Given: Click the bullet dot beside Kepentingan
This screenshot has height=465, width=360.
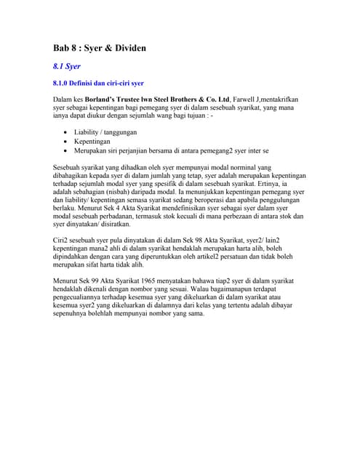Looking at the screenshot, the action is click(66, 142).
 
